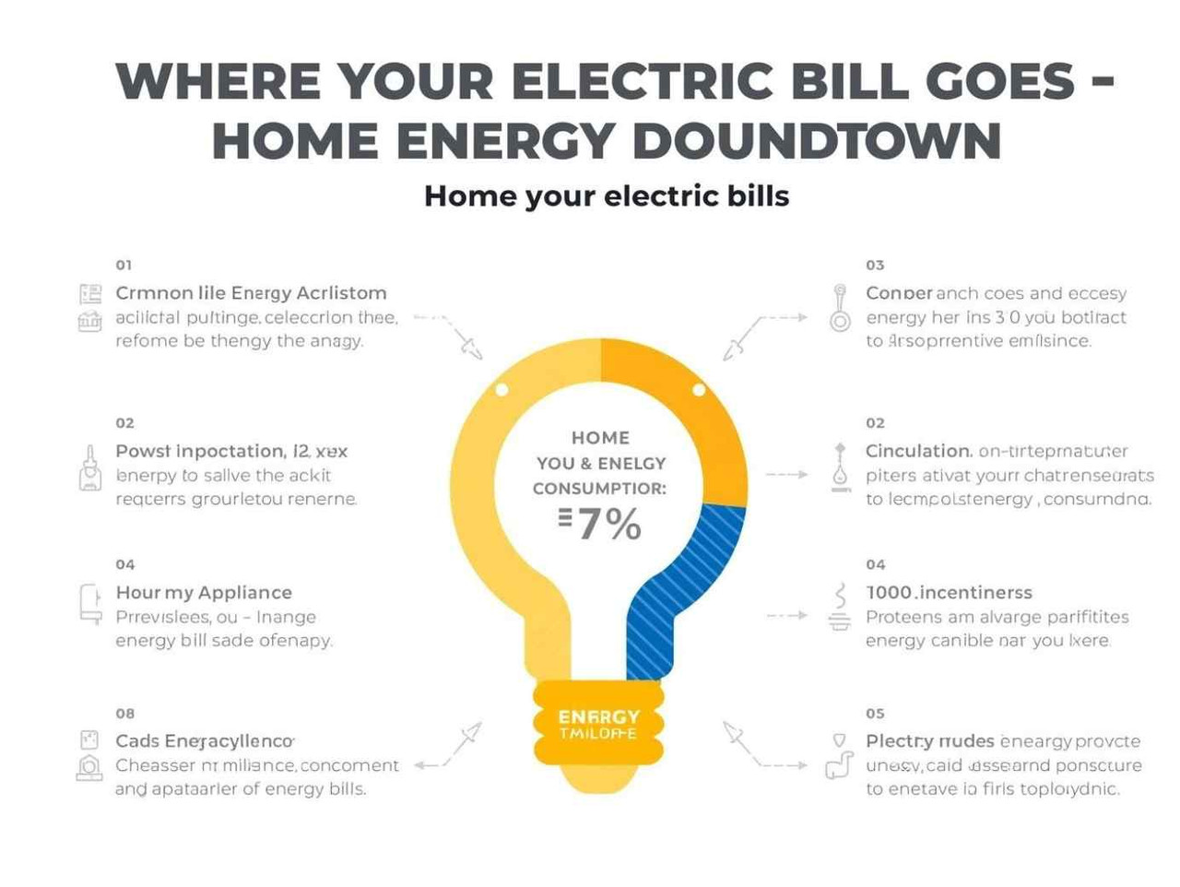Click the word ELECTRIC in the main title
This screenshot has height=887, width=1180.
[x=642, y=81]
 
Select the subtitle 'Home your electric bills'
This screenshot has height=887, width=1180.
[x=606, y=196]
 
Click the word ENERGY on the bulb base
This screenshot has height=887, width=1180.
[x=598, y=716]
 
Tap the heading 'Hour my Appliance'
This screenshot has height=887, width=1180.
[x=204, y=592]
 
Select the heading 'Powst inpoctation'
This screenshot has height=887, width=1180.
[x=200, y=451]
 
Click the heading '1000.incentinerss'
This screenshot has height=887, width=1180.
[x=949, y=592]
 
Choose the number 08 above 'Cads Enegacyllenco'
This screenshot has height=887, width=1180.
[x=124, y=713]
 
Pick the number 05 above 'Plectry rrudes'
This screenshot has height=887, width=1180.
[x=875, y=713]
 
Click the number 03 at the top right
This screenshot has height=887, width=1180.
[x=875, y=265]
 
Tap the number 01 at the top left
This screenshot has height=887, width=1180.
[x=124, y=265]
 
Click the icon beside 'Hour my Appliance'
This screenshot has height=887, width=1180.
[x=89, y=605]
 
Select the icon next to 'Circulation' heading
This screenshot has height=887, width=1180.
[x=840, y=466]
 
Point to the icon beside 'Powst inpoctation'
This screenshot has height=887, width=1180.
[x=89, y=469]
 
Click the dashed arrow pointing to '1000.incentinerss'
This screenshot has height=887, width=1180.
[x=786, y=615]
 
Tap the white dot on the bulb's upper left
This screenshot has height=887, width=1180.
[x=501, y=390]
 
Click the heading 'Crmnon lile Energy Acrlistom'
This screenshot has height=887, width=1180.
[x=251, y=293]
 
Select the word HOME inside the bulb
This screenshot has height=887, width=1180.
[x=600, y=438]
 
